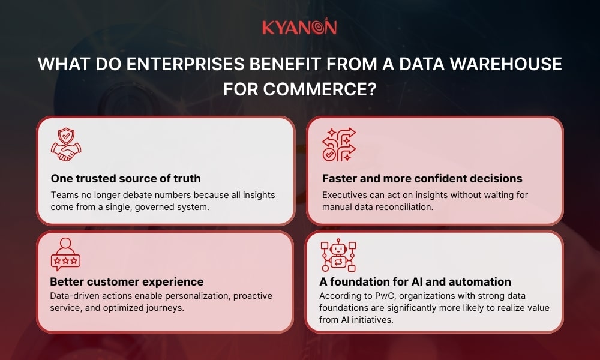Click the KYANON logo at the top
[x=299, y=27]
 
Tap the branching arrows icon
[x=338, y=145]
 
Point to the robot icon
[x=338, y=255]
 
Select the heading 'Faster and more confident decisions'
[x=422, y=178]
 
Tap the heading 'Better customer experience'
[x=127, y=281]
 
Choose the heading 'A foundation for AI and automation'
[x=415, y=281]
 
